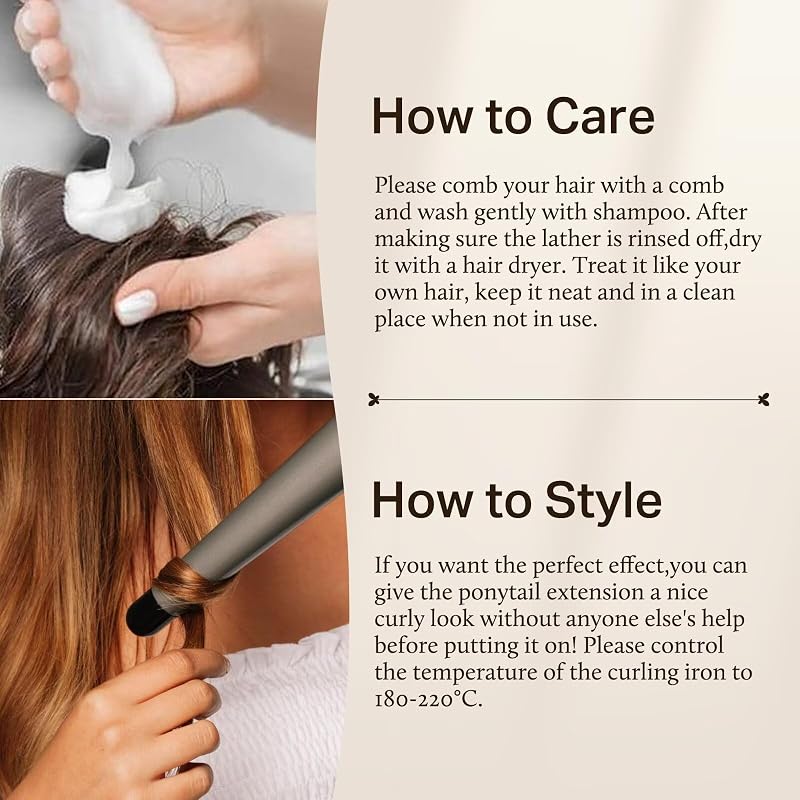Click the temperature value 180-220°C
coord(428,698)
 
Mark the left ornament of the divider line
coord(374,399)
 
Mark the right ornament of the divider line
coord(763,399)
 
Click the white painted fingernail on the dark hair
coord(136,306)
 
